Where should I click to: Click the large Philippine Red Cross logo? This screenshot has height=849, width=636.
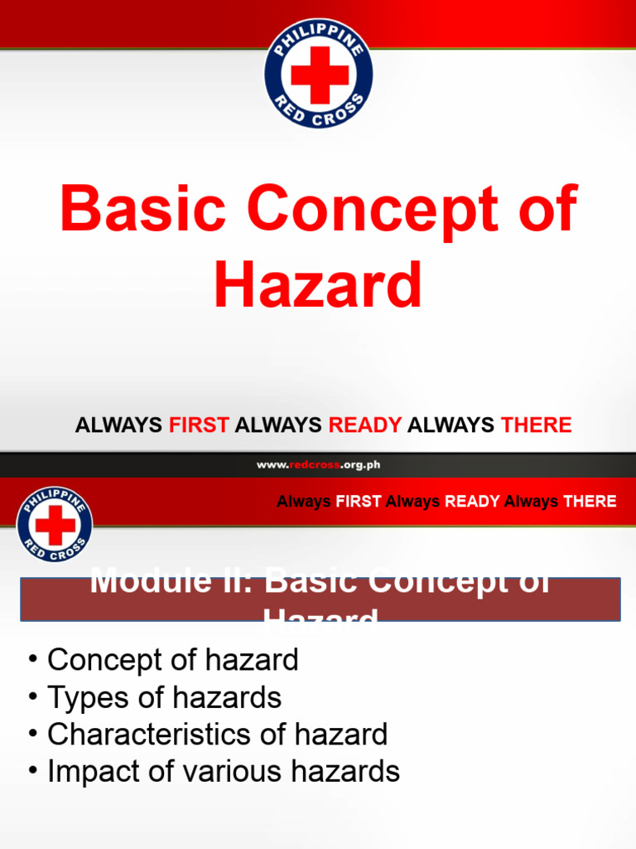click(318, 74)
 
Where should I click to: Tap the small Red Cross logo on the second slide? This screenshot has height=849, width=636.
click(54, 524)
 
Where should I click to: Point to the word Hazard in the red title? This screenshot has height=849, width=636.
click(318, 285)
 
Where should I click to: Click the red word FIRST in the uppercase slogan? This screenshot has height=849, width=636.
click(199, 426)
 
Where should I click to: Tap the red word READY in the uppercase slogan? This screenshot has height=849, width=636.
click(365, 426)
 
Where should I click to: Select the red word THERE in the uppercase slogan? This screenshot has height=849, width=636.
click(536, 426)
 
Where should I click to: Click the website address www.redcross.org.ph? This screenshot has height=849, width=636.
click(318, 465)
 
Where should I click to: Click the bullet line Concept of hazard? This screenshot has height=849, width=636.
click(171, 660)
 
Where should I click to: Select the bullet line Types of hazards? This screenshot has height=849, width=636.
click(164, 697)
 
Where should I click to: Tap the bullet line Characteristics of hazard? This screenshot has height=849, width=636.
click(217, 735)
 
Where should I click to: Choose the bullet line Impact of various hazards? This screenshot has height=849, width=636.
click(223, 772)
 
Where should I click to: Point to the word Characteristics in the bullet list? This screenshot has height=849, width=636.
click(147, 735)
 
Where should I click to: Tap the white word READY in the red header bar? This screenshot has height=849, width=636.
click(472, 502)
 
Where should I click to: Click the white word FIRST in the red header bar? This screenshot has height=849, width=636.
click(359, 502)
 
